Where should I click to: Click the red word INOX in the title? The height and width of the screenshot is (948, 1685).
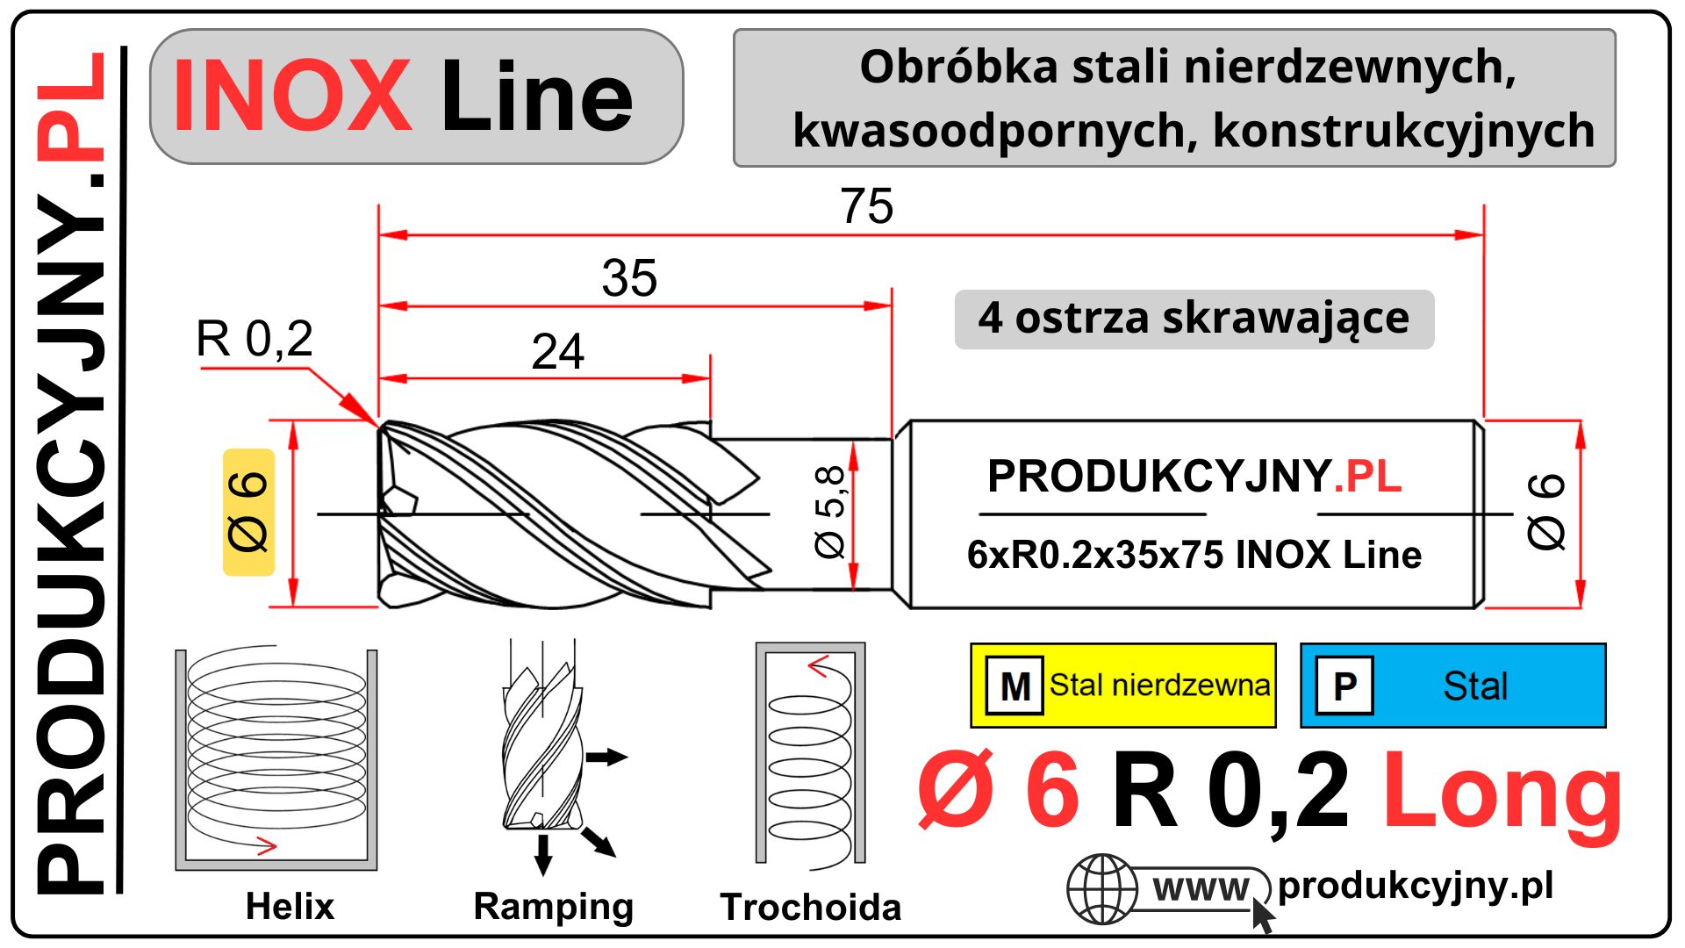(291, 96)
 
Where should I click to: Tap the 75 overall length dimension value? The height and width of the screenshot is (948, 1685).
(866, 206)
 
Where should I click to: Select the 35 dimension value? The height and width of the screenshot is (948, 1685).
(629, 278)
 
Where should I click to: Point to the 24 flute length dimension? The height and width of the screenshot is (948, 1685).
(558, 352)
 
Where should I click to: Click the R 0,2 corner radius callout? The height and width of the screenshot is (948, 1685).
(254, 339)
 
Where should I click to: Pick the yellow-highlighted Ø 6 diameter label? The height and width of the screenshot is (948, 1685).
(248, 512)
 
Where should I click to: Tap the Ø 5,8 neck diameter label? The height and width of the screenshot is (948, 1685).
(829, 512)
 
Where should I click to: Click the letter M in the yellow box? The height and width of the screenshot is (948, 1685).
(1015, 686)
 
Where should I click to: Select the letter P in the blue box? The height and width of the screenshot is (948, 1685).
(1344, 686)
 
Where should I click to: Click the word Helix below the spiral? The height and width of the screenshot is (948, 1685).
(290, 907)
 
